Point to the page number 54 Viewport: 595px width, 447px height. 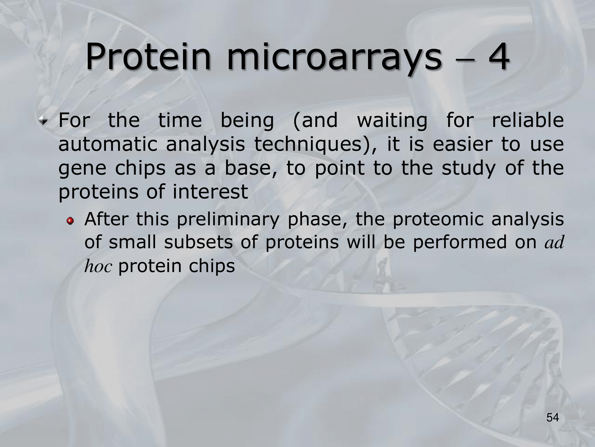click(x=553, y=418)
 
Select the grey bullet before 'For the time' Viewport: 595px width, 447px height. click(x=44, y=121)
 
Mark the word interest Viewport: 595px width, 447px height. click(x=210, y=192)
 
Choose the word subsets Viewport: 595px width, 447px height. click(x=198, y=242)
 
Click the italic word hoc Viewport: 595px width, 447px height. click(x=98, y=266)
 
